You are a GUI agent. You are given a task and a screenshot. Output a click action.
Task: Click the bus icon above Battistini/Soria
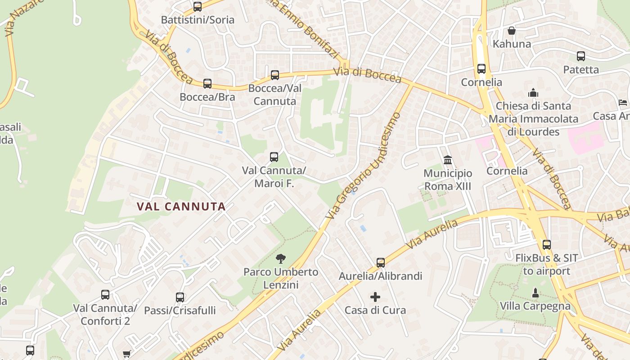(x=198, y=7)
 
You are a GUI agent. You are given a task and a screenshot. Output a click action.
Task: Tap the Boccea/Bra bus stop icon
(x=207, y=84)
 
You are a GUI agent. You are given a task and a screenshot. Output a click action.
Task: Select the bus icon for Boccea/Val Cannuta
(x=275, y=75)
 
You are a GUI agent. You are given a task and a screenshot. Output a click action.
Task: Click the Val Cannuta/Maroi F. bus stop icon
(x=274, y=157)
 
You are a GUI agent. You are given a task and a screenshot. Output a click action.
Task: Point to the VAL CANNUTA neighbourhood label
(x=181, y=207)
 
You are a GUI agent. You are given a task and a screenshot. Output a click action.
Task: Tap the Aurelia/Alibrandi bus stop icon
(x=381, y=263)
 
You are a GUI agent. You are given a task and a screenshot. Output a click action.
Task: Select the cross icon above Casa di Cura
(x=375, y=297)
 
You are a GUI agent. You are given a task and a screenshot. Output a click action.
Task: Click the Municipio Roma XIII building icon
(x=448, y=160)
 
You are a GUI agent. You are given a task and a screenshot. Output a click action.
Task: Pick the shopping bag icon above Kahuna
(x=512, y=31)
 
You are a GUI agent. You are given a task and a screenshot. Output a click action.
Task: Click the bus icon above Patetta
(x=581, y=56)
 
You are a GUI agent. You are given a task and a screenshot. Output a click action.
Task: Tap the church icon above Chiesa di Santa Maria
(x=533, y=93)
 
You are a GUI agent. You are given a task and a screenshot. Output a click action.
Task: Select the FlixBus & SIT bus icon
(x=547, y=245)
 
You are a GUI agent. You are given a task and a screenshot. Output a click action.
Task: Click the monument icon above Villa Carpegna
(x=535, y=293)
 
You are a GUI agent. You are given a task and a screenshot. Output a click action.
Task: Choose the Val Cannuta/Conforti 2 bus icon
(x=105, y=295)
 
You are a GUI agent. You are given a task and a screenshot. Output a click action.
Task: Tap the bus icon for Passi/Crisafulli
(x=180, y=297)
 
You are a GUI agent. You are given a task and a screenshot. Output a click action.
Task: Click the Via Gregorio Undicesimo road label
(x=363, y=166)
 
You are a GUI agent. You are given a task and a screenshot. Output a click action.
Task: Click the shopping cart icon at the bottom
(x=127, y=355)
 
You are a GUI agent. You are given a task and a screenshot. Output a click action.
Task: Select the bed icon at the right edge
(x=623, y=103)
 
